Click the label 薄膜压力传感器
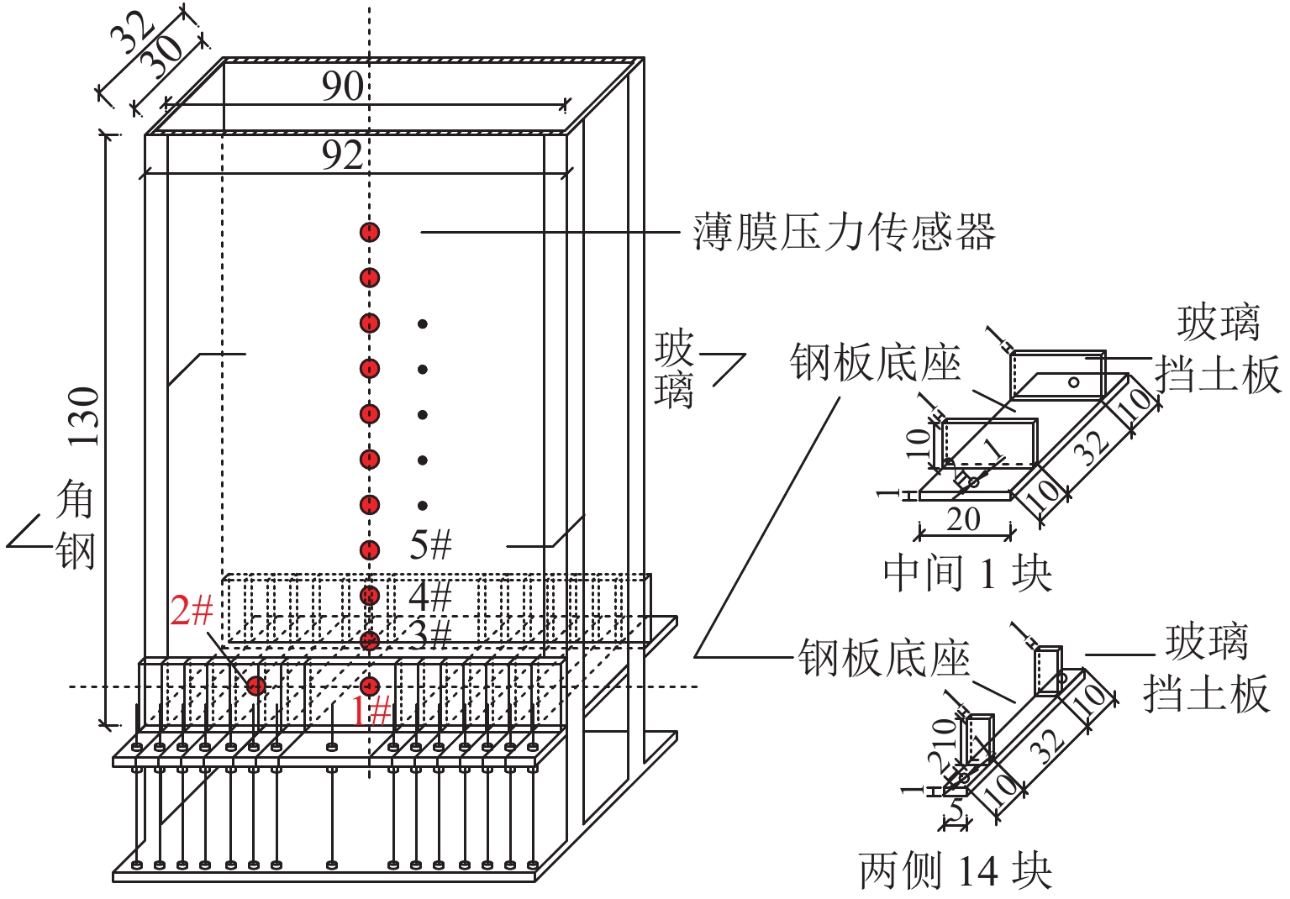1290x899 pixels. click(844, 232)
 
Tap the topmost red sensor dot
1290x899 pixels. click(370, 233)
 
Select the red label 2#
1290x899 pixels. click(191, 610)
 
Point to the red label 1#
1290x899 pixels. click(371, 712)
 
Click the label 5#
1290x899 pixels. click(430, 545)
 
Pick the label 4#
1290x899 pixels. click(430, 597)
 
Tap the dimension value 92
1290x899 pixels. click(342, 155)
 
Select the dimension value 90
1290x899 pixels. click(342, 86)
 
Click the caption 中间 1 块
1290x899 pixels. click(966, 574)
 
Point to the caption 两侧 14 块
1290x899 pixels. click(955, 870)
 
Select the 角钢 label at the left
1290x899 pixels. click(75, 526)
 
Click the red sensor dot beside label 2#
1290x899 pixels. click(256, 686)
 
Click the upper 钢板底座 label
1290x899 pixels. click(875, 363)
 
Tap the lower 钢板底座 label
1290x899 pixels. click(883, 658)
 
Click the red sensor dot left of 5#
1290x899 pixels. click(370, 550)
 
